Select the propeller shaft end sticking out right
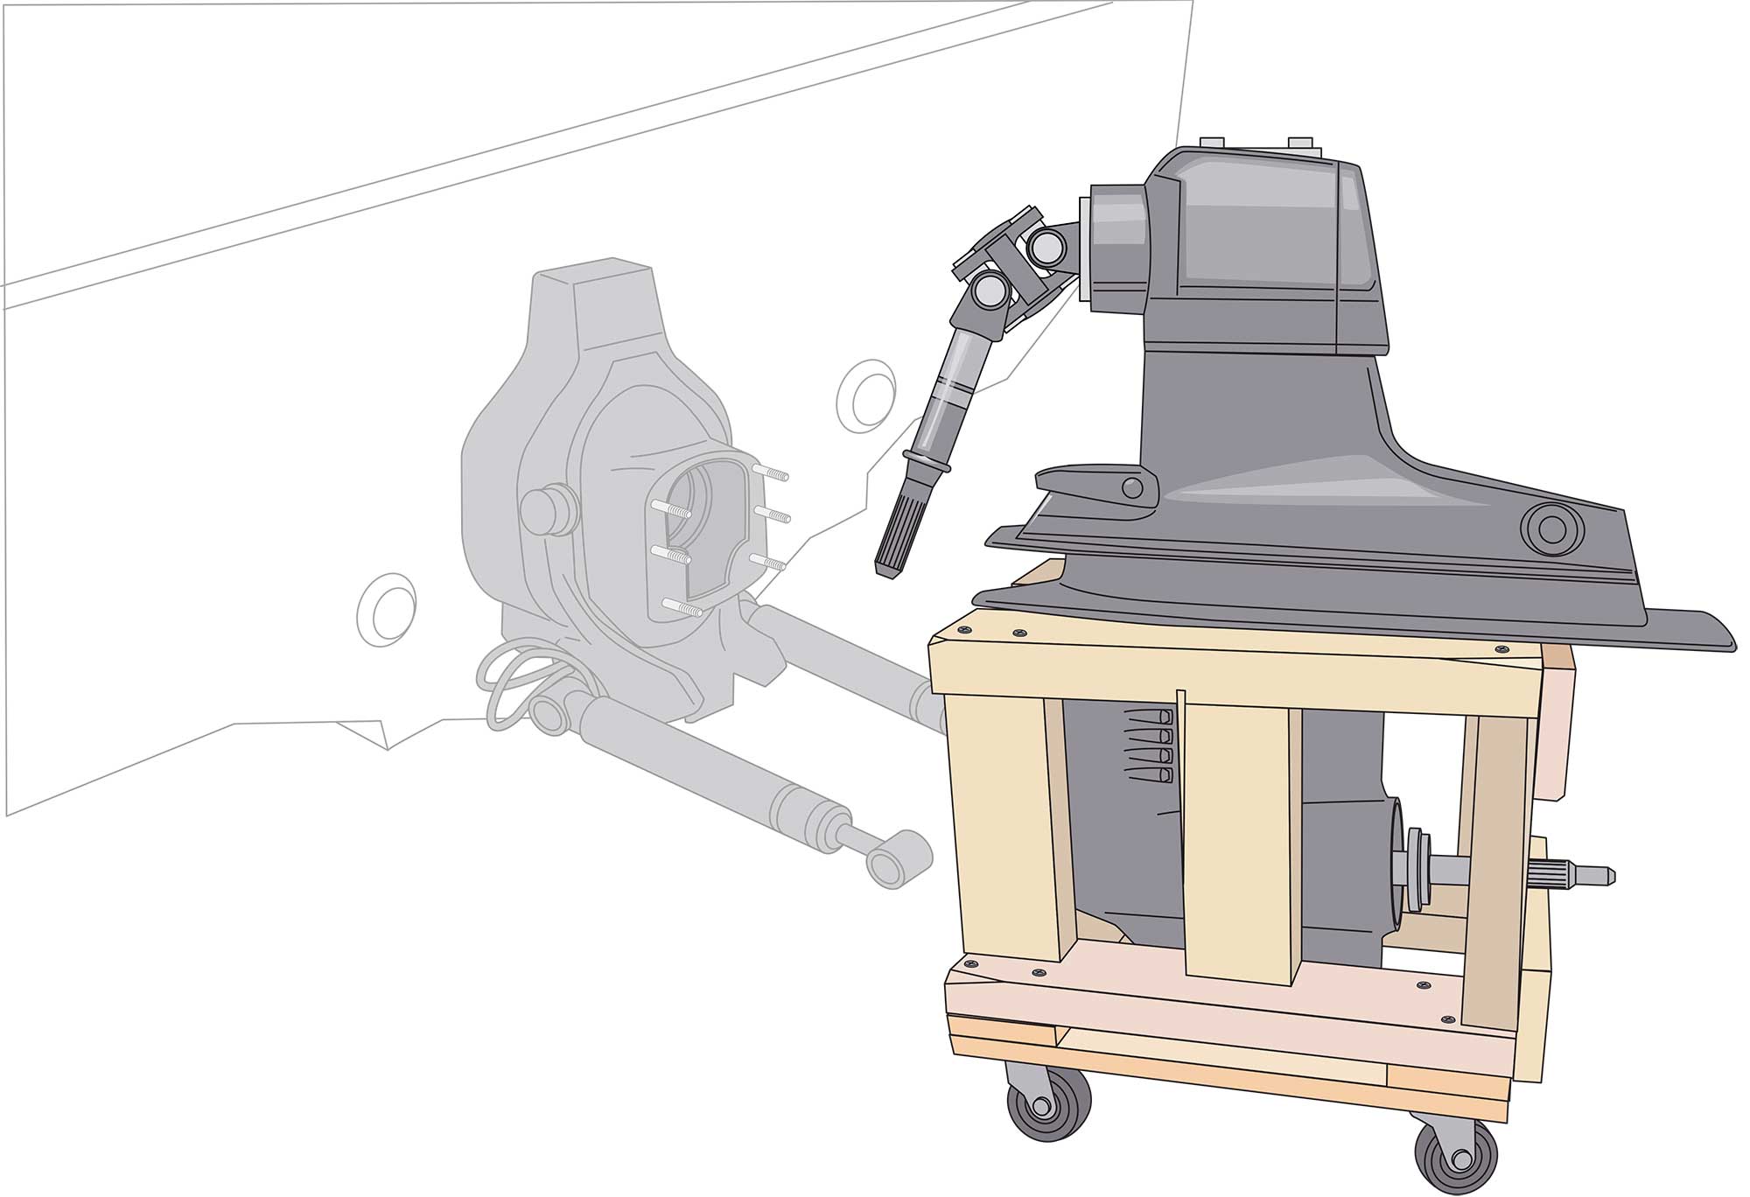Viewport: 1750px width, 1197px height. coord(1575,874)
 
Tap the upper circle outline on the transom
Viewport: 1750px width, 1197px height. coord(865,395)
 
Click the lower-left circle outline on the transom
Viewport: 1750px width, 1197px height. coord(386,610)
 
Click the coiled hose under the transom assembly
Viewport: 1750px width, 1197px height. coord(516,690)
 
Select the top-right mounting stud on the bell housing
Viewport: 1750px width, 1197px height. coord(774,473)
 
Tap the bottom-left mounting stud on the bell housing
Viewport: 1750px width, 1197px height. coord(682,605)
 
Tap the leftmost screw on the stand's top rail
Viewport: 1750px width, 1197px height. coord(965,628)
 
